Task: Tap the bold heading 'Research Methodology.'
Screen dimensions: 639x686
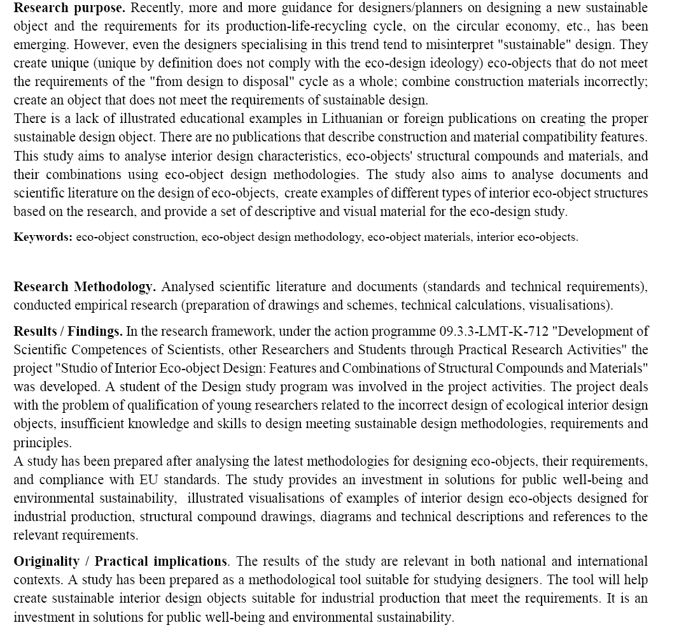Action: tap(85, 287)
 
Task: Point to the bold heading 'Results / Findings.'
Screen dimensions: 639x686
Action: tap(68, 331)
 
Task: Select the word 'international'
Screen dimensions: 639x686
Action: tap(612, 561)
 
